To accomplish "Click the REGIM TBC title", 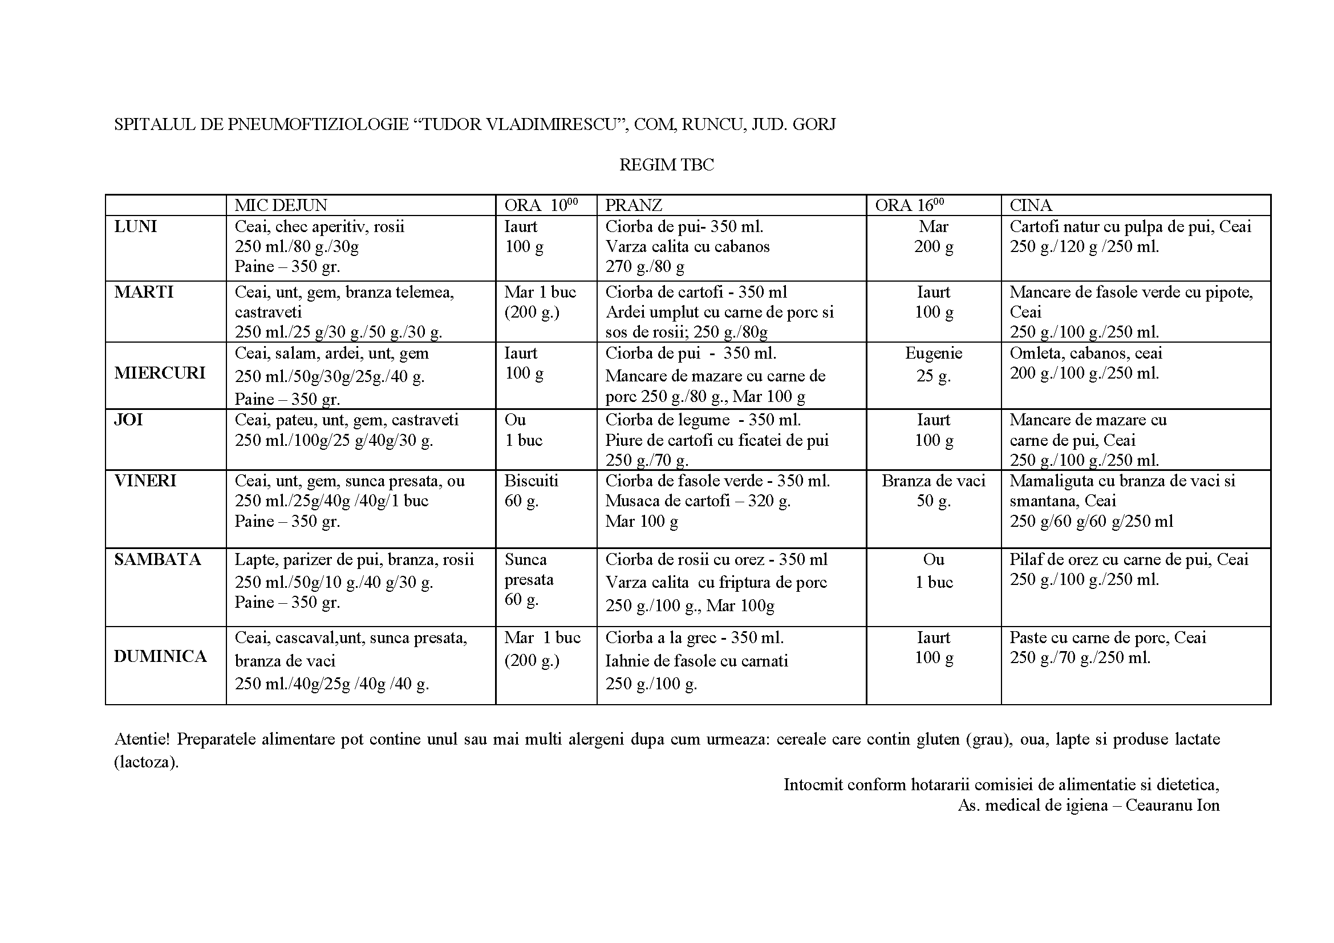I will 666,165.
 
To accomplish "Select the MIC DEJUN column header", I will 281,205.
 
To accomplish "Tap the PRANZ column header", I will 633,205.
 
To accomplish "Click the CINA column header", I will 1031,205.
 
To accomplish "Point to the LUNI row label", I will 135,226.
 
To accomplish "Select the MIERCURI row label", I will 160,373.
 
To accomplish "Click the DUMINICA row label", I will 160,657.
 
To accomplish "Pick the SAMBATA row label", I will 157,560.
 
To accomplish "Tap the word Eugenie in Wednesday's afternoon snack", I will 933,353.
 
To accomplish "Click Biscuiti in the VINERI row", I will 531,481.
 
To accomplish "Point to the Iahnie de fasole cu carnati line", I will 696,661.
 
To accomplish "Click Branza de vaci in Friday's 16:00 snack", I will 933,481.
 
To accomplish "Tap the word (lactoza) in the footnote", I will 146,762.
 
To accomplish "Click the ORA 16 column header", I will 909,205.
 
